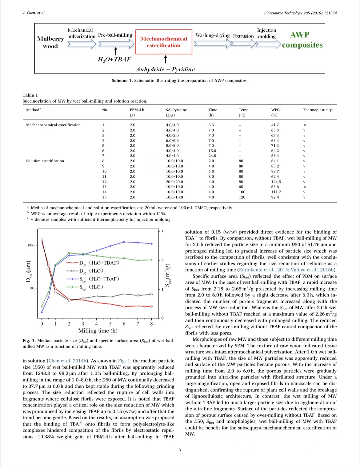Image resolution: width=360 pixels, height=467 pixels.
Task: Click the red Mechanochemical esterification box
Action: coord(164,42)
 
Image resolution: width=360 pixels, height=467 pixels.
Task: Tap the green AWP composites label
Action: coord(302,40)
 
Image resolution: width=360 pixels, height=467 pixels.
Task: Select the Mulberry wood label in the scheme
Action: coord(50,42)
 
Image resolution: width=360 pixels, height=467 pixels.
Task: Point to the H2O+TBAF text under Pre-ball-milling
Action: coord(114,59)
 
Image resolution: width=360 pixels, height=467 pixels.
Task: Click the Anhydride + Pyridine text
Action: coord(165,69)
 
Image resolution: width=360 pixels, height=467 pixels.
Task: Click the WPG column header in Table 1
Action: coord(276,112)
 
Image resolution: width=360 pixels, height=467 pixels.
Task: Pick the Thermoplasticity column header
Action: coord(318,110)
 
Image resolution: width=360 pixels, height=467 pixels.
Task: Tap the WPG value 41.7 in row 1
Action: coord(275,125)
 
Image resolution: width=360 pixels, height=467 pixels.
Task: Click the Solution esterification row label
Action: coord(45,161)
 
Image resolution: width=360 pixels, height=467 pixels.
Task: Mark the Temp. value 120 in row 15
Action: coord(242,197)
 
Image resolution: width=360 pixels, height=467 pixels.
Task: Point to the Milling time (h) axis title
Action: coord(98,331)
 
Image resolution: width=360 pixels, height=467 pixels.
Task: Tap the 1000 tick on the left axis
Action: coord(31,245)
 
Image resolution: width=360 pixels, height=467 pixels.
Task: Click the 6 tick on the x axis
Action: coord(124,324)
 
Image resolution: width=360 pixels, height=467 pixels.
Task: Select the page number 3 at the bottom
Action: coord(180,450)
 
